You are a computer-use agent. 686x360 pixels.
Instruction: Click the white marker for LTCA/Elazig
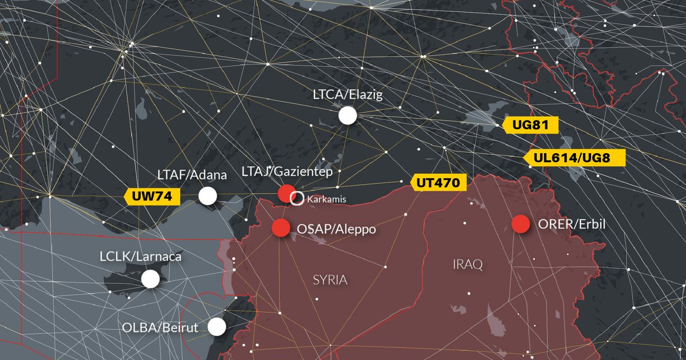[x=348, y=115]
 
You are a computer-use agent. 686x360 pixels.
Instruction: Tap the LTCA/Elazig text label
[x=348, y=94]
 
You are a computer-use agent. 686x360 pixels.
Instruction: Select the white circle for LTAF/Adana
[x=208, y=196]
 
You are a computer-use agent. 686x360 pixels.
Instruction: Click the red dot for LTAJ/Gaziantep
[x=286, y=194]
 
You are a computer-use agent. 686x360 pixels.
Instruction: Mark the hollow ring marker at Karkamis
[x=297, y=199]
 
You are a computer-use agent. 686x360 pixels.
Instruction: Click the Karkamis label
[x=327, y=199]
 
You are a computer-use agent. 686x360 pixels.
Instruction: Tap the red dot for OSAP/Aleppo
[x=280, y=228]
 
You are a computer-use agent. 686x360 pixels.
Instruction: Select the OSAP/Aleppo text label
[x=336, y=229]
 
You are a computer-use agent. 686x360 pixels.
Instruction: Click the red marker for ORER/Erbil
[x=520, y=224]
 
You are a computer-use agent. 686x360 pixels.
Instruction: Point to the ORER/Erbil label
[x=572, y=225]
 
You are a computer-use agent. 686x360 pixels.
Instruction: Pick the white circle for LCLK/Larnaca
[x=150, y=279]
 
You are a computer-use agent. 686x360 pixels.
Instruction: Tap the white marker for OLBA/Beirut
[x=217, y=327]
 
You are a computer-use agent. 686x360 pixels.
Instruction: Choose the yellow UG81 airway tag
[x=529, y=126]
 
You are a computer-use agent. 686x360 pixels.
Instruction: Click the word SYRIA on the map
[x=330, y=280]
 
